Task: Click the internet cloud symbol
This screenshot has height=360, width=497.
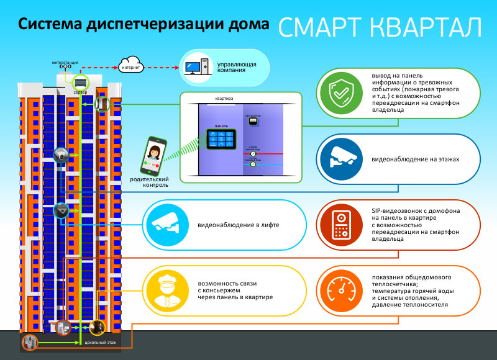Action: [x=132, y=66]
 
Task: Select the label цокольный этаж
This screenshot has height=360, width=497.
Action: [x=96, y=342]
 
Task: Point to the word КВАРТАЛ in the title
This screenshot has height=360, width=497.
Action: [x=422, y=27]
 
